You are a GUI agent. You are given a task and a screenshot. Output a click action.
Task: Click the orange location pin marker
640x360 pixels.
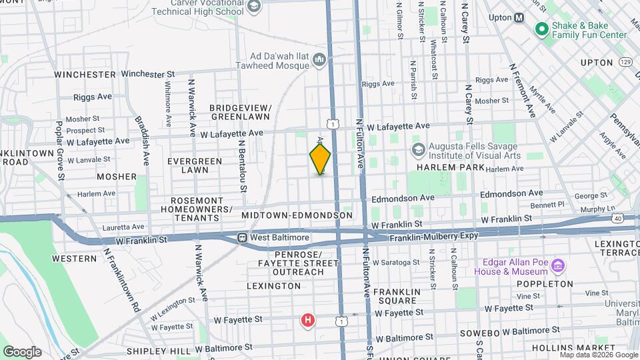320,159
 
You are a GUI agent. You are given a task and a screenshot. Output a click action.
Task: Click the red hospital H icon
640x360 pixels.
307,321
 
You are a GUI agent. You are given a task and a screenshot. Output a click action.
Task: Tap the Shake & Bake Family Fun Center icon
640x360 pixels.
541,29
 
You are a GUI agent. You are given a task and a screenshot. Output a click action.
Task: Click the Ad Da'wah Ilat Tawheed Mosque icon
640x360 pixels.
319,61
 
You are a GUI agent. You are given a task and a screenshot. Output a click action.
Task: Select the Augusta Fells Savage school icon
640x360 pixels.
419,149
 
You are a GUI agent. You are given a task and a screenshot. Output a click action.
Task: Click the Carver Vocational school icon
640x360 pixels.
253,7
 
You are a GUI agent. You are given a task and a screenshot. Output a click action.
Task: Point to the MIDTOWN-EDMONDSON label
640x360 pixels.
297,215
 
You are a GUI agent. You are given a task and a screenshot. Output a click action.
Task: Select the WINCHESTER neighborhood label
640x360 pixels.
85,74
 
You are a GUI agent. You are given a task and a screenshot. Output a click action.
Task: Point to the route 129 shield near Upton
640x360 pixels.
625,62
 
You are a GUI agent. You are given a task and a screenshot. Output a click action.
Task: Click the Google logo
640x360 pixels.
22,351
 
